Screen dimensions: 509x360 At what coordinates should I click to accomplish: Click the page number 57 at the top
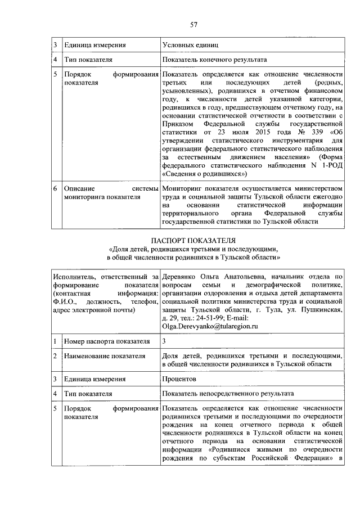coord(193,24)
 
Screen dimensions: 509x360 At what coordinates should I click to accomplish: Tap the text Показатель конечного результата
coord(214,60)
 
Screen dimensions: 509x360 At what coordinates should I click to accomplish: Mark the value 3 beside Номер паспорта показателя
coord(164,341)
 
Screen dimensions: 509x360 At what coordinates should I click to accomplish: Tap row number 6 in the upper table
coord(55,190)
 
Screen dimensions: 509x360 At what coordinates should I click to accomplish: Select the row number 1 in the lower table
coord(55,341)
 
